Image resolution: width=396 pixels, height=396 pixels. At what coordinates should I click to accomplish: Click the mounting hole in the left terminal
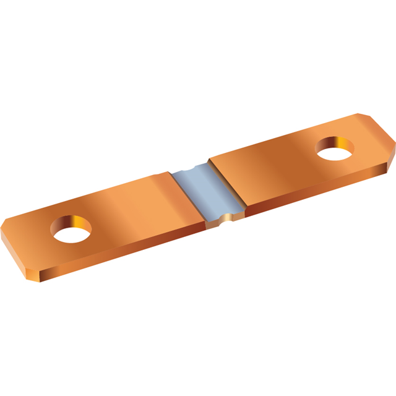[71, 230]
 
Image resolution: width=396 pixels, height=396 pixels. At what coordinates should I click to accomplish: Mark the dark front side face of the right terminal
[309, 189]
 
